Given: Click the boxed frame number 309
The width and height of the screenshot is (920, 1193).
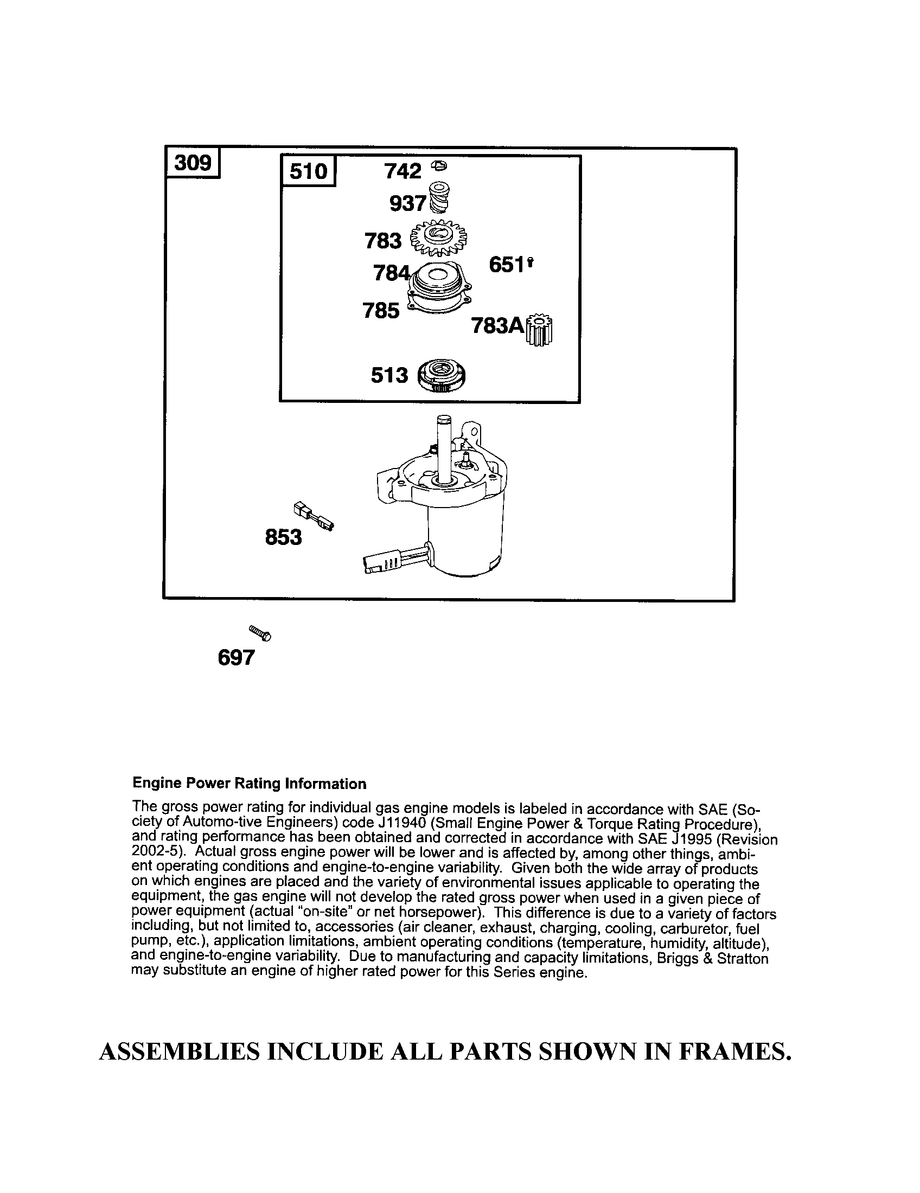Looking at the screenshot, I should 193,162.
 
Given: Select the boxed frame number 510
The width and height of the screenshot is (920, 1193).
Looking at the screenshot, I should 308,171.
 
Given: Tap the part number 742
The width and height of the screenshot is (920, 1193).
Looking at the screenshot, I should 403,171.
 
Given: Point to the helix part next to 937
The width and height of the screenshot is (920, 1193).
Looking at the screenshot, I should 440,198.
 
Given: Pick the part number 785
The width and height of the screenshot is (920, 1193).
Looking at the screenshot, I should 381,311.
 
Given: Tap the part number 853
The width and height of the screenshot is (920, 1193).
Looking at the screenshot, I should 283,537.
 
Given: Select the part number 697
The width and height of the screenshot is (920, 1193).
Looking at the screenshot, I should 236,658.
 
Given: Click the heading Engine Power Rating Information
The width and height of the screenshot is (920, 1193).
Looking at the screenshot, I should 249,784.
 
